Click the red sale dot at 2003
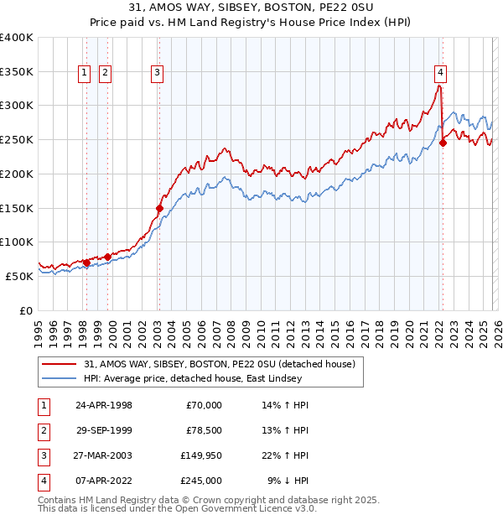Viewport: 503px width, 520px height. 159,207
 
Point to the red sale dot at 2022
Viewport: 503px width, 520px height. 443,143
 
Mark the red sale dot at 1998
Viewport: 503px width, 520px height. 86,263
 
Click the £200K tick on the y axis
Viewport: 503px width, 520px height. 17,174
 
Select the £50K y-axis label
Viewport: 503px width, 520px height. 19,276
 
